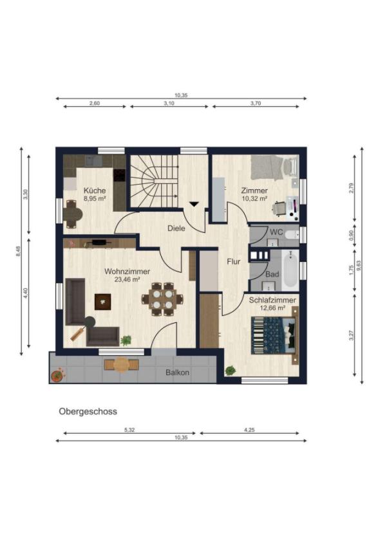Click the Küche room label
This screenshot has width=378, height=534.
click(x=95, y=190)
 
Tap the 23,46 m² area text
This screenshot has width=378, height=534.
click(x=127, y=279)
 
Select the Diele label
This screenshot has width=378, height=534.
click(x=176, y=228)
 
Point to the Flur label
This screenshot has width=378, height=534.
click(x=234, y=262)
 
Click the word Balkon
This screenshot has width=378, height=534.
click(x=177, y=373)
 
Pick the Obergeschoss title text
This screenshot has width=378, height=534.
click(x=88, y=411)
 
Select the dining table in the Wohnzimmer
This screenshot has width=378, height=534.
click(x=162, y=299)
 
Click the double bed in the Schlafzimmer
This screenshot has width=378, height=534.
click(x=274, y=335)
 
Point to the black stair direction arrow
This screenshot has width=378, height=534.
click(x=194, y=204)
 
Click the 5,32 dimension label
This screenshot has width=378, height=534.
click(x=129, y=430)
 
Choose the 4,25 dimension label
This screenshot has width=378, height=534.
click(x=249, y=430)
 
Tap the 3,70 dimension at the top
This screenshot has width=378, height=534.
click(x=256, y=103)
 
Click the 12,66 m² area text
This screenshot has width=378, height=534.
click(x=272, y=308)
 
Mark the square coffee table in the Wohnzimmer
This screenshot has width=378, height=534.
click(x=102, y=302)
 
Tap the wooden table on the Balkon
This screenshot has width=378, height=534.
click(x=121, y=364)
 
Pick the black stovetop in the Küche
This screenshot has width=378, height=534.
click(x=119, y=176)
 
